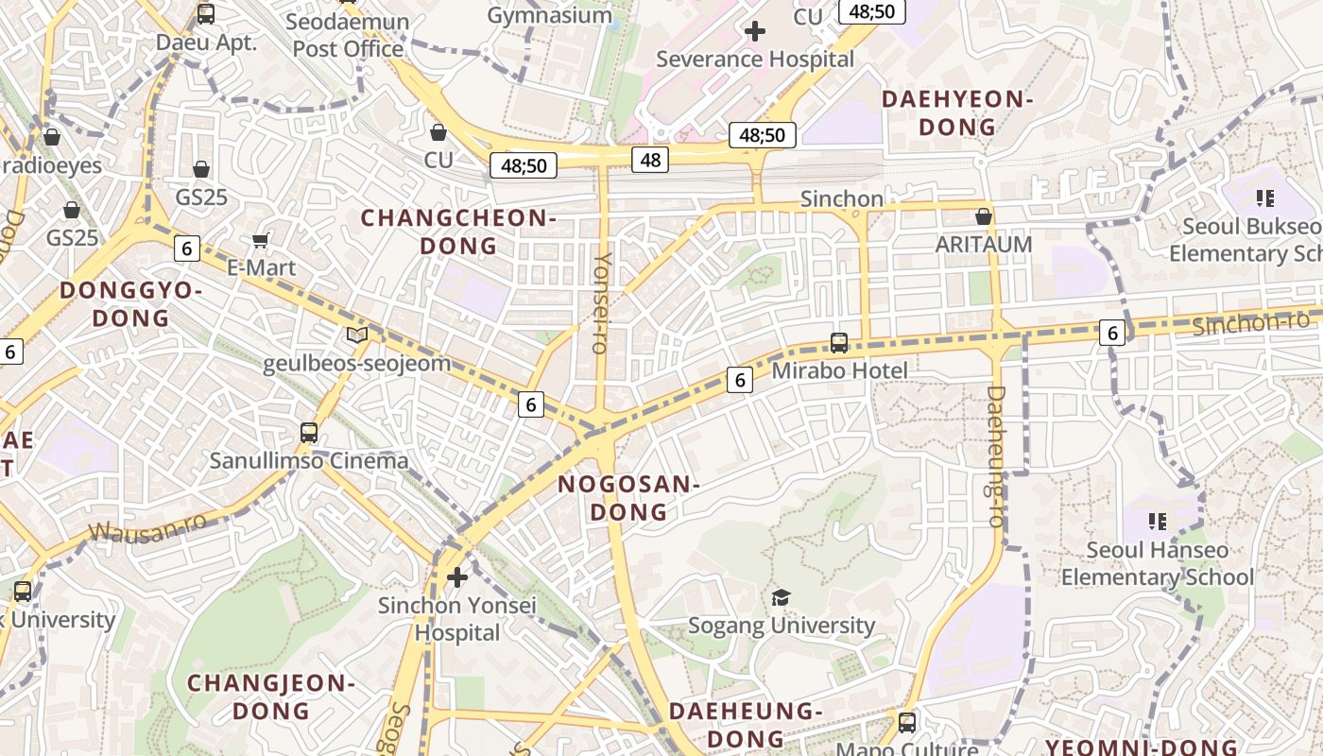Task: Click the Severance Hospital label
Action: tap(755, 59)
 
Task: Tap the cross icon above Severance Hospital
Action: tap(755, 31)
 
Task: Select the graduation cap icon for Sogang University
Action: tap(781, 597)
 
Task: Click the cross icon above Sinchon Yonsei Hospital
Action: tap(457, 576)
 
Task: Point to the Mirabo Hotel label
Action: tap(839, 370)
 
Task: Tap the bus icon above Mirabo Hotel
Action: tap(839, 343)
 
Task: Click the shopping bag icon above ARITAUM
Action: tap(984, 216)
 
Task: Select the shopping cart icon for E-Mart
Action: tap(262, 240)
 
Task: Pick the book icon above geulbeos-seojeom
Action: tap(356, 335)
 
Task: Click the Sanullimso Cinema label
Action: tap(309, 461)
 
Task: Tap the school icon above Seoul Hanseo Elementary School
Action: tap(1158, 521)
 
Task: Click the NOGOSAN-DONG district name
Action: tap(628, 498)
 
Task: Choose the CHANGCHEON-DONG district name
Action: tap(457, 232)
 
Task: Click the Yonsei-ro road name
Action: tap(601, 302)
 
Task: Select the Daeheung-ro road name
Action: tap(995, 455)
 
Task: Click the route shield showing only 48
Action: tap(650, 160)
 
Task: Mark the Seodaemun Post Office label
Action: tap(348, 35)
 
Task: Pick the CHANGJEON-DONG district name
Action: tap(270, 696)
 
